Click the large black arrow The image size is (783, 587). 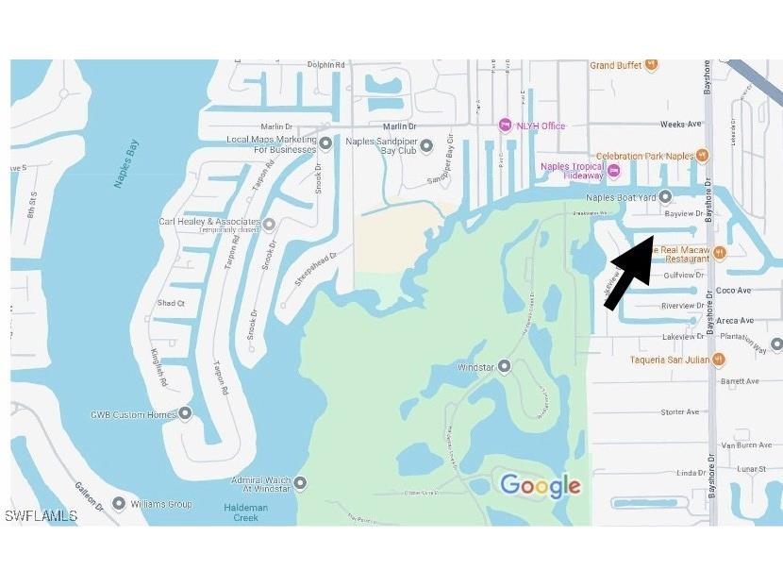point(630,272)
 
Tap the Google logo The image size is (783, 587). point(540,486)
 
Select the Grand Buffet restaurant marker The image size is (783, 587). point(651,65)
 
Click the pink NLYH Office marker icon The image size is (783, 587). point(506,126)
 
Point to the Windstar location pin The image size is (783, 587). point(505,366)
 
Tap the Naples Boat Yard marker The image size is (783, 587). point(665,197)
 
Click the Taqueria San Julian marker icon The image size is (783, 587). point(719,360)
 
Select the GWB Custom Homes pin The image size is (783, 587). point(185,413)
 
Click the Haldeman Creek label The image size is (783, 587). point(245,511)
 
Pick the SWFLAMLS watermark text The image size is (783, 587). point(41,516)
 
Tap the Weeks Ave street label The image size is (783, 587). point(681,124)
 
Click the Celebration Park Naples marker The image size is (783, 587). point(701,156)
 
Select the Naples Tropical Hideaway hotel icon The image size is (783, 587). point(614,171)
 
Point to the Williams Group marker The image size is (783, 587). point(118,504)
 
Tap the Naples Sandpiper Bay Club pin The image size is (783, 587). point(425,145)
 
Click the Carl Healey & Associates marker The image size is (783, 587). point(269,224)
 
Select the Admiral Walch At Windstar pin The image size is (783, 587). point(300,483)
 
